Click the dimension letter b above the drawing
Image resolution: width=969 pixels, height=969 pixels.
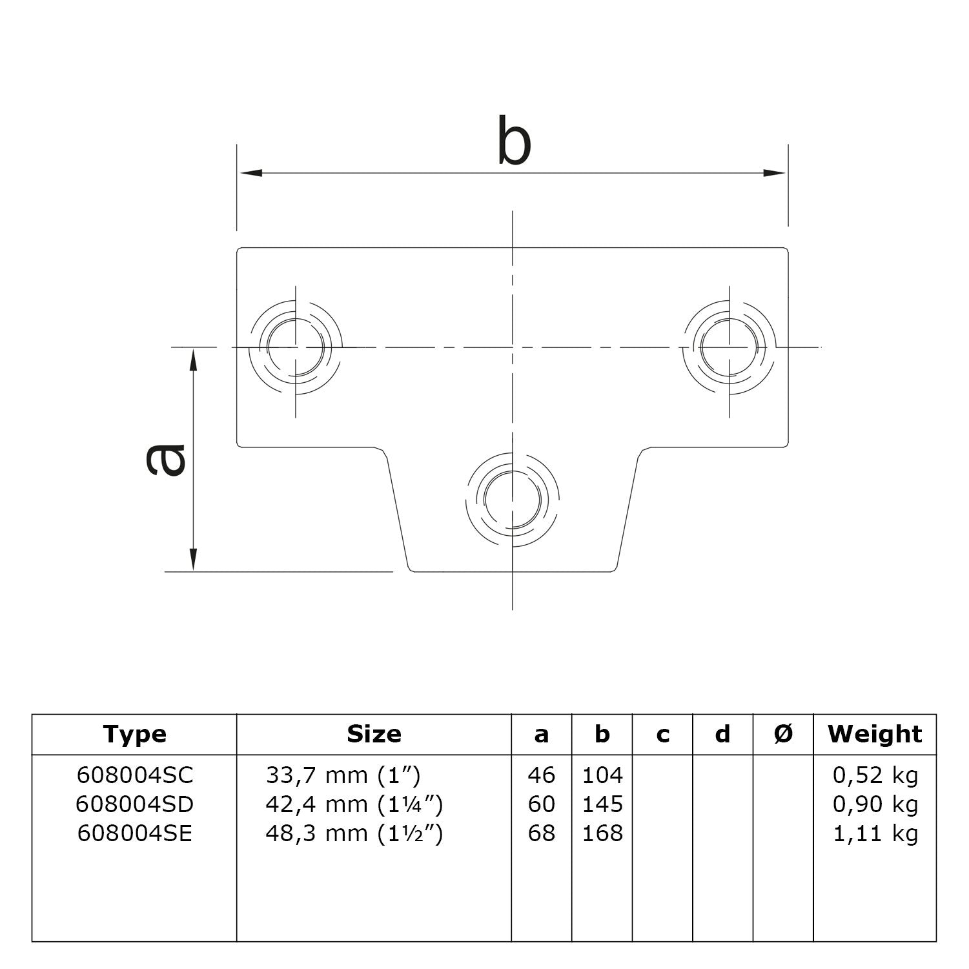(514, 140)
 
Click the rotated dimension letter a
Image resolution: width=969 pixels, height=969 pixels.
(165, 459)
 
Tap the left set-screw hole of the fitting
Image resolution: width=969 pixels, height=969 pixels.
(296, 347)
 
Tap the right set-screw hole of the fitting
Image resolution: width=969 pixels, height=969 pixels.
(729, 347)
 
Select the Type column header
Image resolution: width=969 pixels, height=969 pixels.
(134, 735)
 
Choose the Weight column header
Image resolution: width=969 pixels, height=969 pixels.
(874, 735)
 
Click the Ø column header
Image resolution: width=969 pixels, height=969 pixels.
(782, 735)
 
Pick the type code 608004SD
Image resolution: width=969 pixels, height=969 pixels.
(134, 804)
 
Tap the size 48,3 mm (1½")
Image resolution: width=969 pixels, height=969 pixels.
(354, 833)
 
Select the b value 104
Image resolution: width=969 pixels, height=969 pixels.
(602, 775)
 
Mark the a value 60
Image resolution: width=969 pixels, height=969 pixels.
(541, 804)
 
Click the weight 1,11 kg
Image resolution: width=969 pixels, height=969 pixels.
(875, 833)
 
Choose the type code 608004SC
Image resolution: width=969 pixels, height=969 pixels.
(134, 775)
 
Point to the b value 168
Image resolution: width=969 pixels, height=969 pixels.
(602, 833)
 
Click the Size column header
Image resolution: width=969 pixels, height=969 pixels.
(374, 735)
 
